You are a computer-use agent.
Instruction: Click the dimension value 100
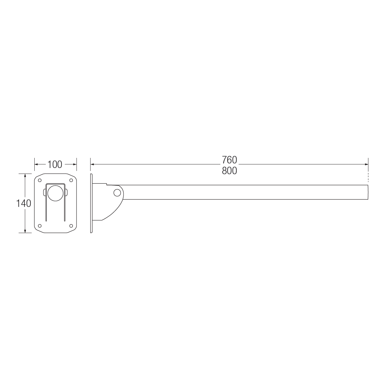pos(55,164)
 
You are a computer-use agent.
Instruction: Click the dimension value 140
pos(24,203)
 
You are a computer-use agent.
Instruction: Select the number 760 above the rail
pos(229,160)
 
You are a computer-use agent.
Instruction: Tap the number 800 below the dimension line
pos(229,171)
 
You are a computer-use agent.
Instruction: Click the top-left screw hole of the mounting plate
pos(40,180)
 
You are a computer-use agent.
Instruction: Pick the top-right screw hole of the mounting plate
pos(71,180)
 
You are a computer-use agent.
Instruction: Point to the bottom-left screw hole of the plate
pos(40,226)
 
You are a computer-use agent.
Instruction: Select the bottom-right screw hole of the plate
pos(71,226)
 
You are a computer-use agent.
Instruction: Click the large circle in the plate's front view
pos(56,193)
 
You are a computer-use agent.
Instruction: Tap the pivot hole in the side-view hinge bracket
pos(118,193)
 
